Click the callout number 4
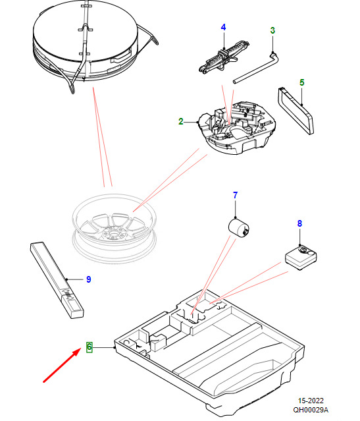click(x=223, y=28)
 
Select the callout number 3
click(x=272, y=30)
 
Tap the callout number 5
click(x=302, y=82)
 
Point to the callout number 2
click(x=181, y=122)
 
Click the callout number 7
click(x=235, y=195)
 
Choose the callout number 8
click(x=299, y=223)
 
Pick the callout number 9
click(x=89, y=279)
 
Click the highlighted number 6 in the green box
click(x=89, y=347)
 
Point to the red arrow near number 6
click(x=62, y=364)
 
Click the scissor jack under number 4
click(x=224, y=56)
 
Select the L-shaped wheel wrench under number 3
click(x=256, y=69)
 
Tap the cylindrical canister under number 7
click(x=239, y=228)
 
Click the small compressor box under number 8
click(x=301, y=257)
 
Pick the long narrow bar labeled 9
click(x=57, y=280)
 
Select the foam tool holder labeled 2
click(x=236, y=128)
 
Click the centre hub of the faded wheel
click(x=115, y=233)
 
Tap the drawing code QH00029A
click(x=311, y=410)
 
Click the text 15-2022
click(x=311, y=401)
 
